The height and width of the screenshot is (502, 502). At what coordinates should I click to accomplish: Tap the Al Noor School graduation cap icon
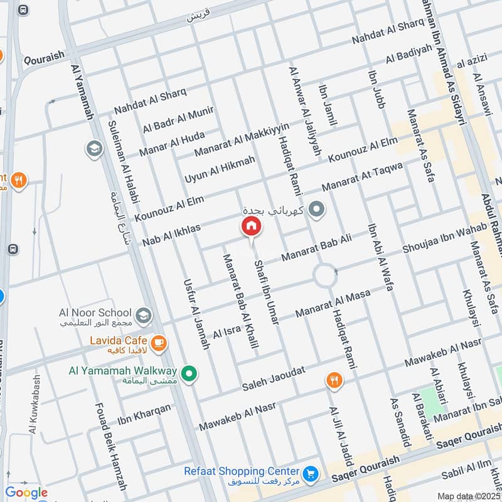coord(144,314)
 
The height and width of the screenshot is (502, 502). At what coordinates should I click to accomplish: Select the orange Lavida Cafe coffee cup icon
coord(159,342)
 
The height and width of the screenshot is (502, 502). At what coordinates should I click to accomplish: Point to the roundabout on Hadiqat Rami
coord(325,275)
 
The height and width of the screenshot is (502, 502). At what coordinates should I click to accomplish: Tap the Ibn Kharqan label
coord(144,412)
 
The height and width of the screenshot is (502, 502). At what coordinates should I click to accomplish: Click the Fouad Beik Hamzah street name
coord(110,446)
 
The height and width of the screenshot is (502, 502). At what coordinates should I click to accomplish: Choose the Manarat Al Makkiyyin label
coord(242,140)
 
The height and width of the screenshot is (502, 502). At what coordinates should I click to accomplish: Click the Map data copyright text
coord(469,496)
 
